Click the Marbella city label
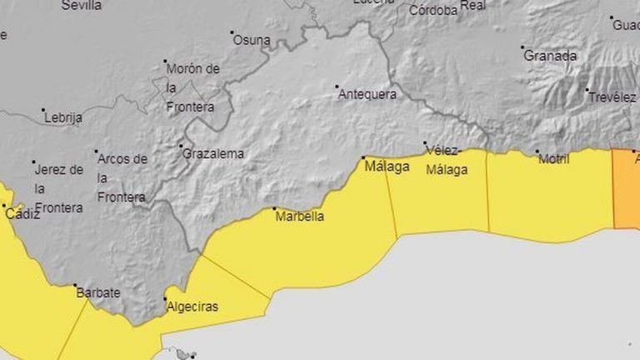(x=299, y=217)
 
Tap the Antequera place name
(x=367, y=94)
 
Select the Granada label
(x=550, y=56)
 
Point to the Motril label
(x=553, y=159)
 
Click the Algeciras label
(x=192, y=307)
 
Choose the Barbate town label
(x=98, y=292)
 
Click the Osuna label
(x=252, y=39)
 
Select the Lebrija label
(x=63, y=117)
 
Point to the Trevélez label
(x=612, y=97)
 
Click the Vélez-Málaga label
(x=446, y=160)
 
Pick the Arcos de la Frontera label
(x=122, y=177)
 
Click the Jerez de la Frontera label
(x=59, y=188)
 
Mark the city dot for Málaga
(x=363, y=157)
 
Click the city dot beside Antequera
(x=337, y=86)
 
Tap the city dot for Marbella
(x=274, y=208)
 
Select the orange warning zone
(x=627, y=187)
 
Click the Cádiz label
(x=22, y=214)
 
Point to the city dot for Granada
(x=522, y=47)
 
